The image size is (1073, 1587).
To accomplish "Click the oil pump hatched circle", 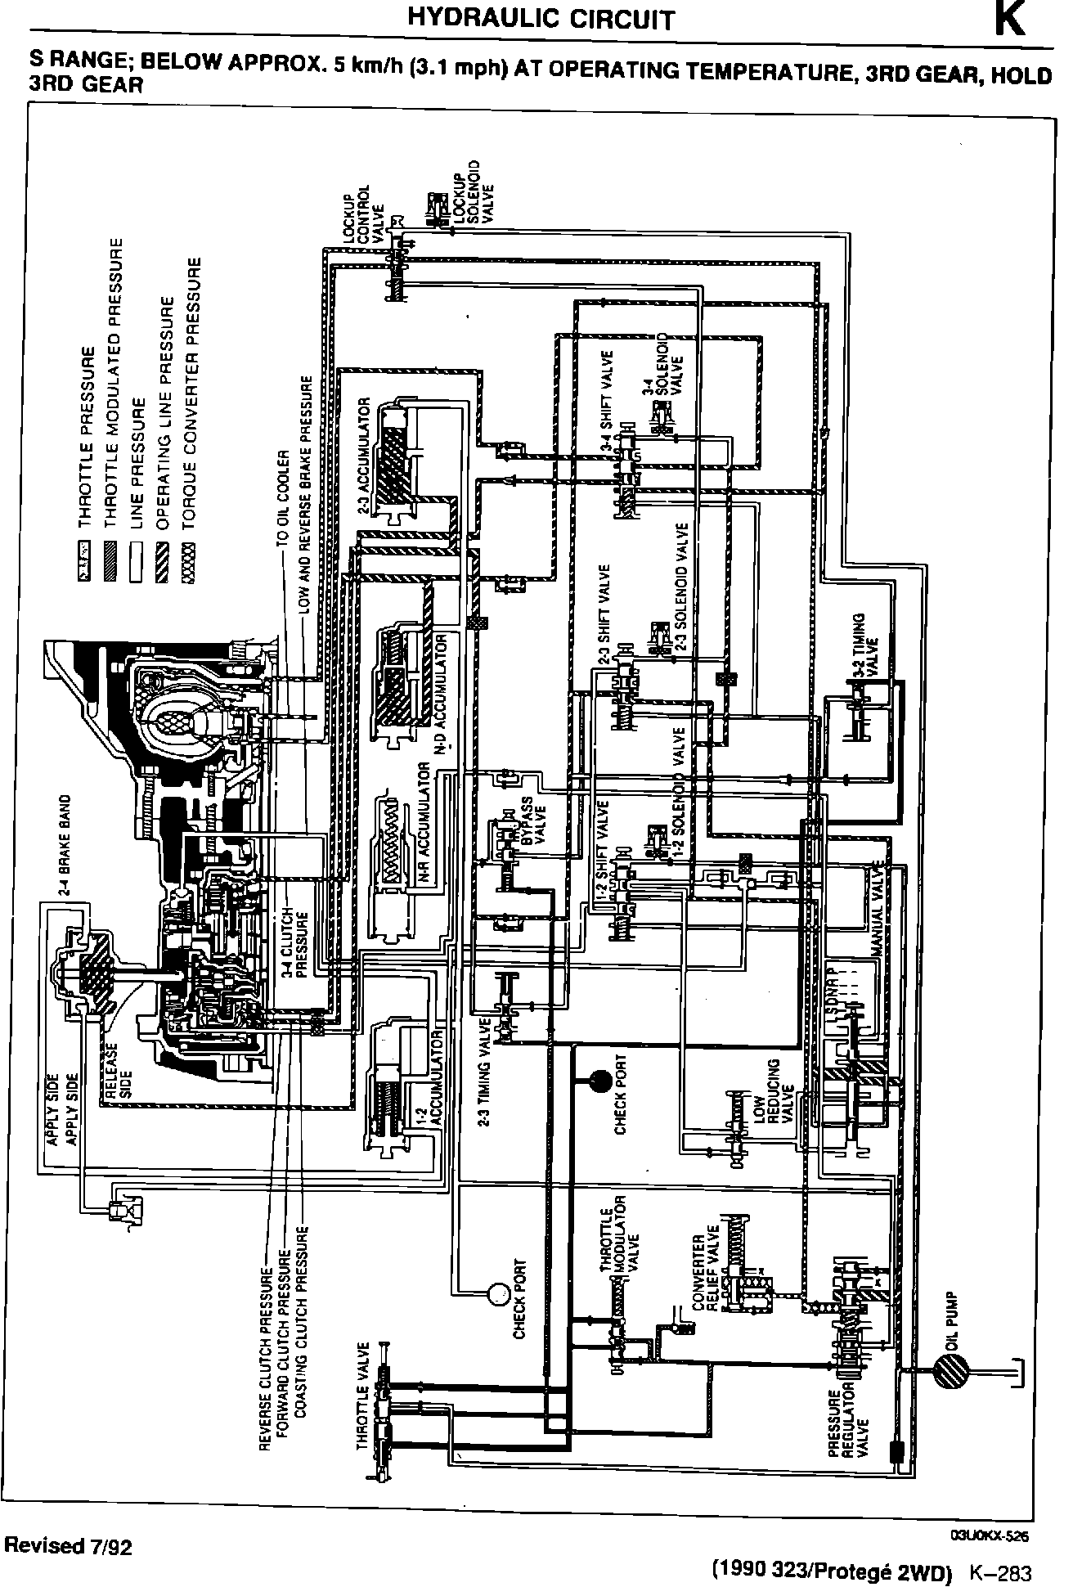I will pyautogui.click(x=950, y=1369).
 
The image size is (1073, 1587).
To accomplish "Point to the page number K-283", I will pyautogui.click(x=1000, y=1573).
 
